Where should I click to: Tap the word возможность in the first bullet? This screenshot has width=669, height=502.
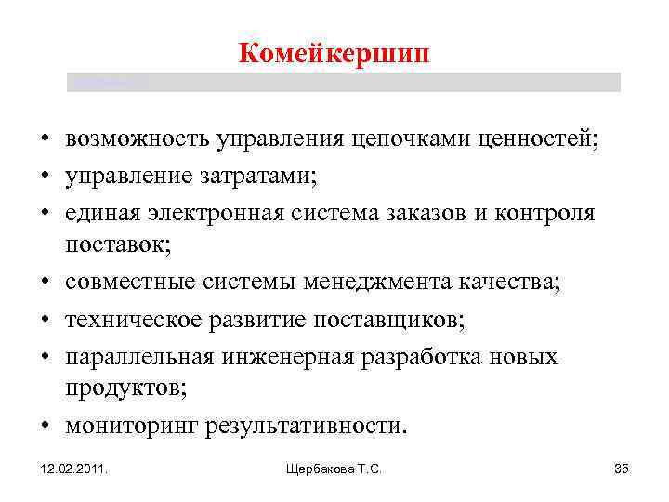pos(138,140)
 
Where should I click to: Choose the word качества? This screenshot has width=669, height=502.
pos(510,282)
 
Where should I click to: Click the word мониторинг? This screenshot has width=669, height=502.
pos(126,426)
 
